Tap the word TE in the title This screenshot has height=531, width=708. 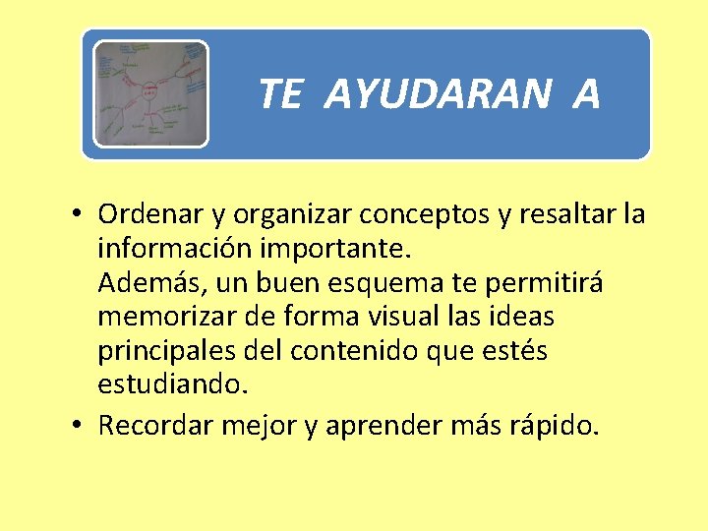(279, 94)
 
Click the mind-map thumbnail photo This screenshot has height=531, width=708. (150, 94)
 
